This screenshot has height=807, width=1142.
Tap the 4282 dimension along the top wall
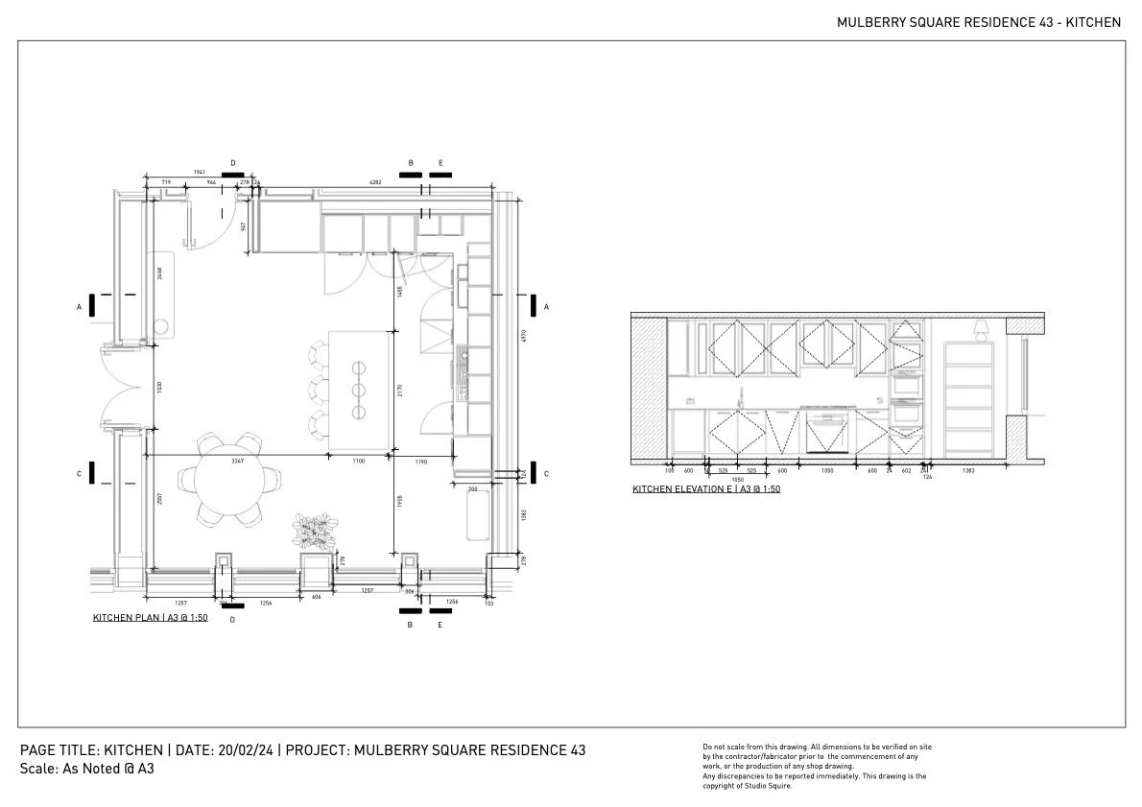(x=375, y=181)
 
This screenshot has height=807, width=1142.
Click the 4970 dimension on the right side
(x=522, y=338)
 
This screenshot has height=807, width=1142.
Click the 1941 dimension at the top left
(x=200, y=173)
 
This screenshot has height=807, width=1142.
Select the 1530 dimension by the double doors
(x=158, y=390)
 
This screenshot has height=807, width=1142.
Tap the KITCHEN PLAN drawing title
(x=151, y=618)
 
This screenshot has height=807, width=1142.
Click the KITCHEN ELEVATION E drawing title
(x=705, y=489)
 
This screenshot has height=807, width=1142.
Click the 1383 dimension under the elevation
(x=968, y=471)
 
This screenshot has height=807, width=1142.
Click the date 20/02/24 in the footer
(x=249, y=749)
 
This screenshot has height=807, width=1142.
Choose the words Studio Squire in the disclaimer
(x=772, y=786)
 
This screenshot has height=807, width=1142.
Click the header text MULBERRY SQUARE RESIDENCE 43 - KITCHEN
(x=979, y=22)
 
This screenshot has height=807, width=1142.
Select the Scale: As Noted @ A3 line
(x=87, y=769)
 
